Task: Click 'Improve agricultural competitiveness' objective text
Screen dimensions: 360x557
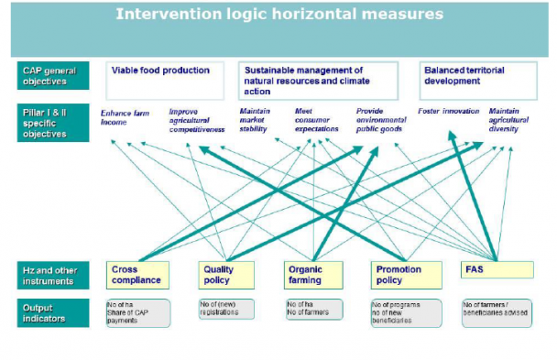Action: point(196,121)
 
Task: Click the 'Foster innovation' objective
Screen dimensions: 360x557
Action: point(448,112)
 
